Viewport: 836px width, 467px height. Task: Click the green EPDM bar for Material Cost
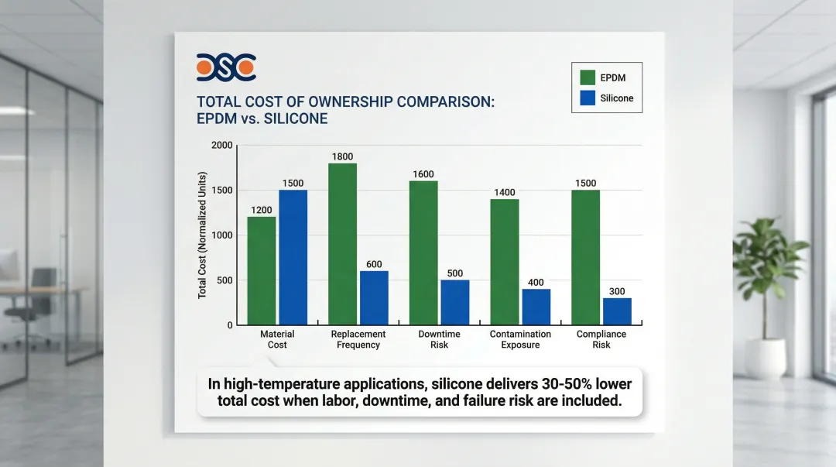(261, 270)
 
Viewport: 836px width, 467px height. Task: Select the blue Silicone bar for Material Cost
(293, 257)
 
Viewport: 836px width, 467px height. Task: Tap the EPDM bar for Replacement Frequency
(342, 243)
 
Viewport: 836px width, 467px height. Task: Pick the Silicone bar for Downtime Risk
(455, 302)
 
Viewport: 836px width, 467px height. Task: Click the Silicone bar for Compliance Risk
(617, 311)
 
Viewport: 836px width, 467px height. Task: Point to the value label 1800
(342, 156)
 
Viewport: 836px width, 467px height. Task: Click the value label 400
(536, 283)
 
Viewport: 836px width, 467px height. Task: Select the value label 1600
(423, 174)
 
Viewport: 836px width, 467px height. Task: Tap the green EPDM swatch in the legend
(588, 77)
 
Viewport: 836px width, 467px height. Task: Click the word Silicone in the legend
(617, 98)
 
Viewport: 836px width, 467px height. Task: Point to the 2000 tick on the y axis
(221, 146)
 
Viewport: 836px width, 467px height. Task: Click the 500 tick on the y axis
(224, 280)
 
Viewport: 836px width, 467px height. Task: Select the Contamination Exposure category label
(520, 339)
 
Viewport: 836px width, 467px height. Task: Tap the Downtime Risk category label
(439, 339)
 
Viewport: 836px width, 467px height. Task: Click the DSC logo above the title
(226, 68)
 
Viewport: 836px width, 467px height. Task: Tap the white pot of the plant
(765, 358)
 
